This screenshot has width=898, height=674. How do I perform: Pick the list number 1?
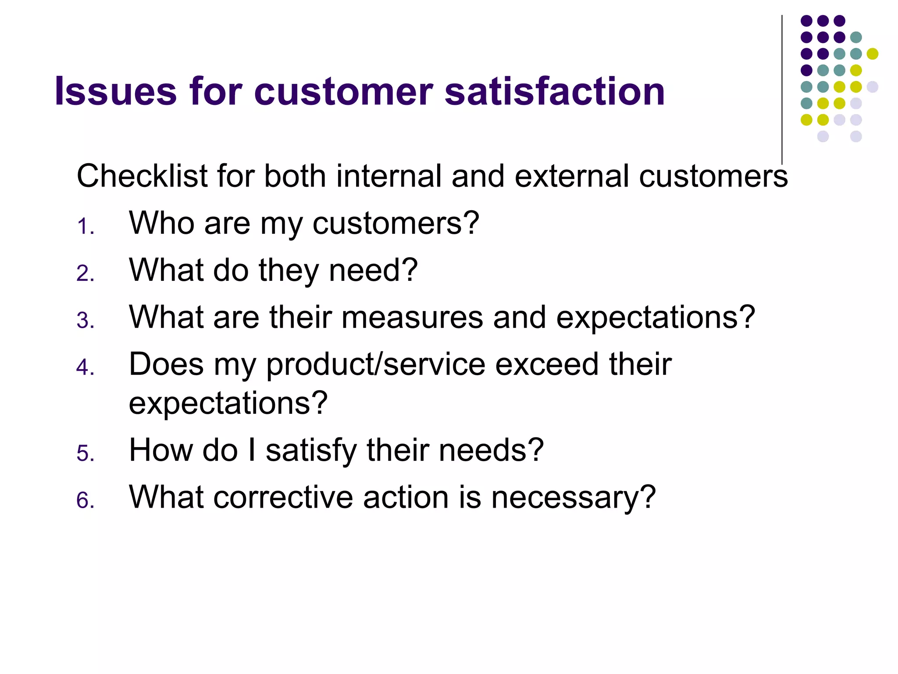[85, 227]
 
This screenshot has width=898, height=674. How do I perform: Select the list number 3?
[85, 320]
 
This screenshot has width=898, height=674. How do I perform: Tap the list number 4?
[85, 367]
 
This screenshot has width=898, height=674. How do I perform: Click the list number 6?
[85, 501]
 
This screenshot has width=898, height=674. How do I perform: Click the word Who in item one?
[161, 223]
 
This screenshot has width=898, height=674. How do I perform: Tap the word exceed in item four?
[547, 364]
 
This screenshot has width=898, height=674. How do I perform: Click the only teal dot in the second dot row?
[856, 37]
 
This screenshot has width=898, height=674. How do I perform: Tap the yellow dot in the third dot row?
[872, 54]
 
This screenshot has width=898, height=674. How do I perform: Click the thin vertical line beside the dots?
[782, 88]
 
